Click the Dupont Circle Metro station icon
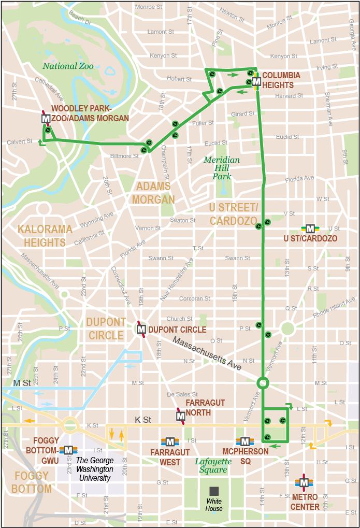pos(141,329)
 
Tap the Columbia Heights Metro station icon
pos(256,81)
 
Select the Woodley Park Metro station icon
pos(46,119)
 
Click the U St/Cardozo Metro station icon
pos(310,229)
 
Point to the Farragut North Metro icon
pos(181,416)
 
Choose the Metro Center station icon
pos(304,482)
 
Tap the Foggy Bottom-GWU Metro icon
pos(68,450)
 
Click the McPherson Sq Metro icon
pos(244,441)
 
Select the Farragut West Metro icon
pos(170,441)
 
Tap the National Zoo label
pos(68,66)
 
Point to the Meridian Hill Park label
pos(222,168)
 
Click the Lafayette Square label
pos(211,465)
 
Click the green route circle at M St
pos(263,383)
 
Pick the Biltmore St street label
pos(125,156)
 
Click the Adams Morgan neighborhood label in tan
pos(153,193)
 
